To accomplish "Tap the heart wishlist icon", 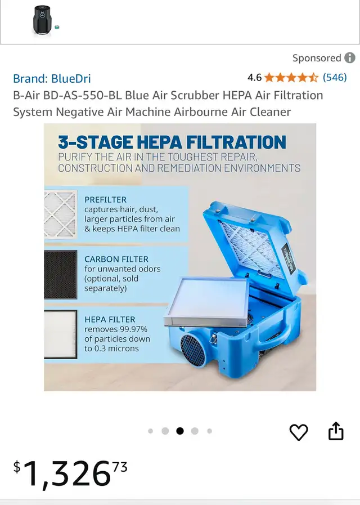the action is click(299, 432).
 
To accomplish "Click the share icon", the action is click(336, 431).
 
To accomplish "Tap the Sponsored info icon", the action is click(350, 58).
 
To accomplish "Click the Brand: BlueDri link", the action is click(52, 78).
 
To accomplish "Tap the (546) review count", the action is click(335, 77).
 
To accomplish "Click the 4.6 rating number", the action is click(254, 78).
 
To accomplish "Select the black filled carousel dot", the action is click(180, 431).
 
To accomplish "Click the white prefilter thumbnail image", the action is click(61, 214).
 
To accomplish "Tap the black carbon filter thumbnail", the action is click(61, 274).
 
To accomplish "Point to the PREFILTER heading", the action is click(106, 200).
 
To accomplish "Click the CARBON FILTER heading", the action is click(116, 260).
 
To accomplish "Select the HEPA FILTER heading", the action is click(110, 319).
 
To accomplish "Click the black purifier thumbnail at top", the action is click(42, 20).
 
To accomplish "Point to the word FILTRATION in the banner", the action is click(236, 142).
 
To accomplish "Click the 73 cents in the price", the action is click(120, 466).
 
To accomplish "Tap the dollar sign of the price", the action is click(17, 467).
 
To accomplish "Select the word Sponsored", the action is click(317, 58).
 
